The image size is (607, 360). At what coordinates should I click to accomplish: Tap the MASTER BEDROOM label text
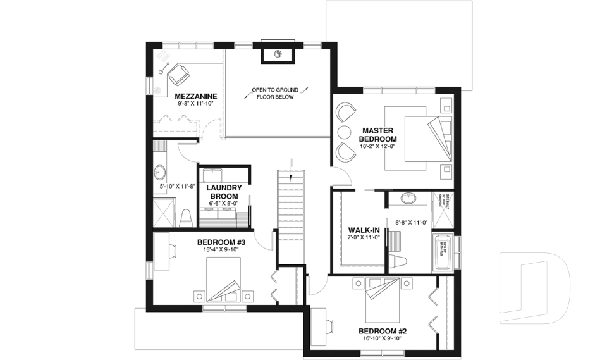pos(377,134)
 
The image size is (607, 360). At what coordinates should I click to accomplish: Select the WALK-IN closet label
pos(364,230)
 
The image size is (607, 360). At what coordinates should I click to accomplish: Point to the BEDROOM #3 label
pos(221,242)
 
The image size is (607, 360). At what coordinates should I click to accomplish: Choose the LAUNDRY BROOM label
pos(224,192)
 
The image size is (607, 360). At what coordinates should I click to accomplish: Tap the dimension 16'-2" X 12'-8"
pos(377,146)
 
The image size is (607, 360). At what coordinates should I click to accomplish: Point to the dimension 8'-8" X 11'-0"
pos(412,223)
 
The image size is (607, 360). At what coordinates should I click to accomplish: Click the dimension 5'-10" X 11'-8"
pos(177,186)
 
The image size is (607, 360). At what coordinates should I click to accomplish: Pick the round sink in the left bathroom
pos(160,171)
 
